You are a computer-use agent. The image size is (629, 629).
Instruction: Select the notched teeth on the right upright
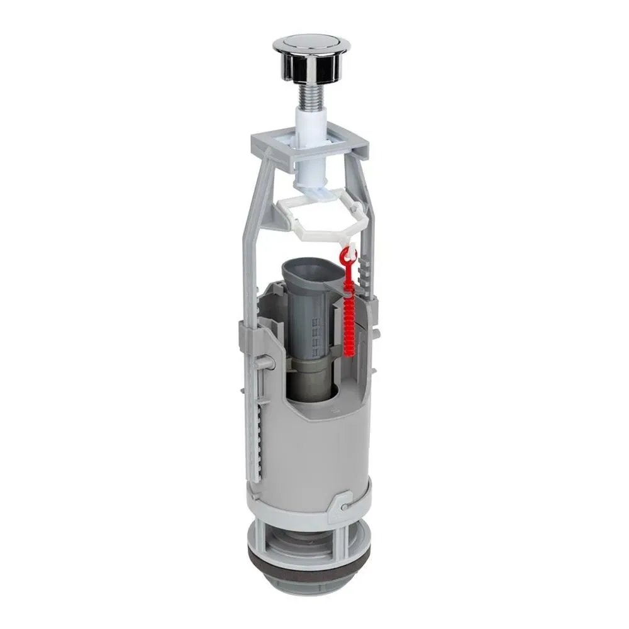click(362, 277)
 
